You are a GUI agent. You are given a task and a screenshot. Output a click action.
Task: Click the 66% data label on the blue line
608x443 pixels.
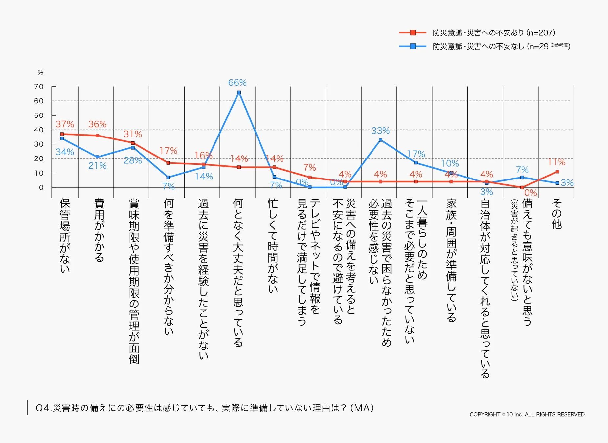pos(237,83)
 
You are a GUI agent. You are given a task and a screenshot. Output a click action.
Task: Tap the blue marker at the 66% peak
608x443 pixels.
pos(239,93)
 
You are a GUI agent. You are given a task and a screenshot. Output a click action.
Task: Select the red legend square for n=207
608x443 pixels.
pos(413,32)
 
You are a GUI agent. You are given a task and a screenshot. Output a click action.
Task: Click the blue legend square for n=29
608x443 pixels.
pos(413,46)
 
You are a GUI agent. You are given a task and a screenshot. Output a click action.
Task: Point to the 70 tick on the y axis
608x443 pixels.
pos(39,87)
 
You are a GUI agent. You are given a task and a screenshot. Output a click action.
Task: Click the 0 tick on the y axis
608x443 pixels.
pos(41,187)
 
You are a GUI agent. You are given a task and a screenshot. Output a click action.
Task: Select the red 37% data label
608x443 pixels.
pos(65,124)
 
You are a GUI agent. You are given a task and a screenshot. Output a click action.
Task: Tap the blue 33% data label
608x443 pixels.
pos(380,131)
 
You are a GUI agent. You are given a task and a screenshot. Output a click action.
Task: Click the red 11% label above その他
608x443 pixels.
pos(556,162)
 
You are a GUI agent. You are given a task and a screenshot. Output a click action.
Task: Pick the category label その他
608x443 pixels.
pos(556,214)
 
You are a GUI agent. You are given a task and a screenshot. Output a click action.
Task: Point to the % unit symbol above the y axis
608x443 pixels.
pos(40,72)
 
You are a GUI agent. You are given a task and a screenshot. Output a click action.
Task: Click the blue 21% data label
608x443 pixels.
pos(97,166)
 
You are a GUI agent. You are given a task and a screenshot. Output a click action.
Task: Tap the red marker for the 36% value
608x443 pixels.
pos(97,136)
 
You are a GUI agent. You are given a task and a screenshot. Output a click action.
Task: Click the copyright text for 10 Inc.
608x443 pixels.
pos(528,414)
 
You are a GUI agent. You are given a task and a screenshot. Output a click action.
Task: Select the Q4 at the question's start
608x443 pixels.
pos(43,408)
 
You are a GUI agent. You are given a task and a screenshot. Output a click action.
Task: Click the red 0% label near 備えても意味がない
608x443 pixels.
pos(530,193)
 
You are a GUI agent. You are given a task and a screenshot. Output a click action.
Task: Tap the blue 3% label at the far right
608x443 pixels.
pos(567,183)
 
